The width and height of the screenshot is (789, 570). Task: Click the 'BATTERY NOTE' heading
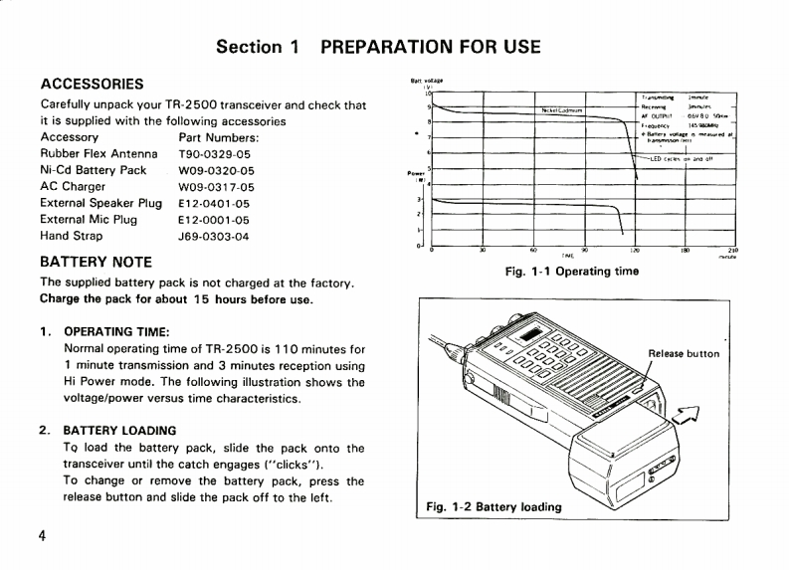96,263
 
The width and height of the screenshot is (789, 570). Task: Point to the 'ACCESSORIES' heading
93,83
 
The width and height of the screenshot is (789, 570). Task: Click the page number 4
43,537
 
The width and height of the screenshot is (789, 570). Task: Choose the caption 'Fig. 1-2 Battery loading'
493,505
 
